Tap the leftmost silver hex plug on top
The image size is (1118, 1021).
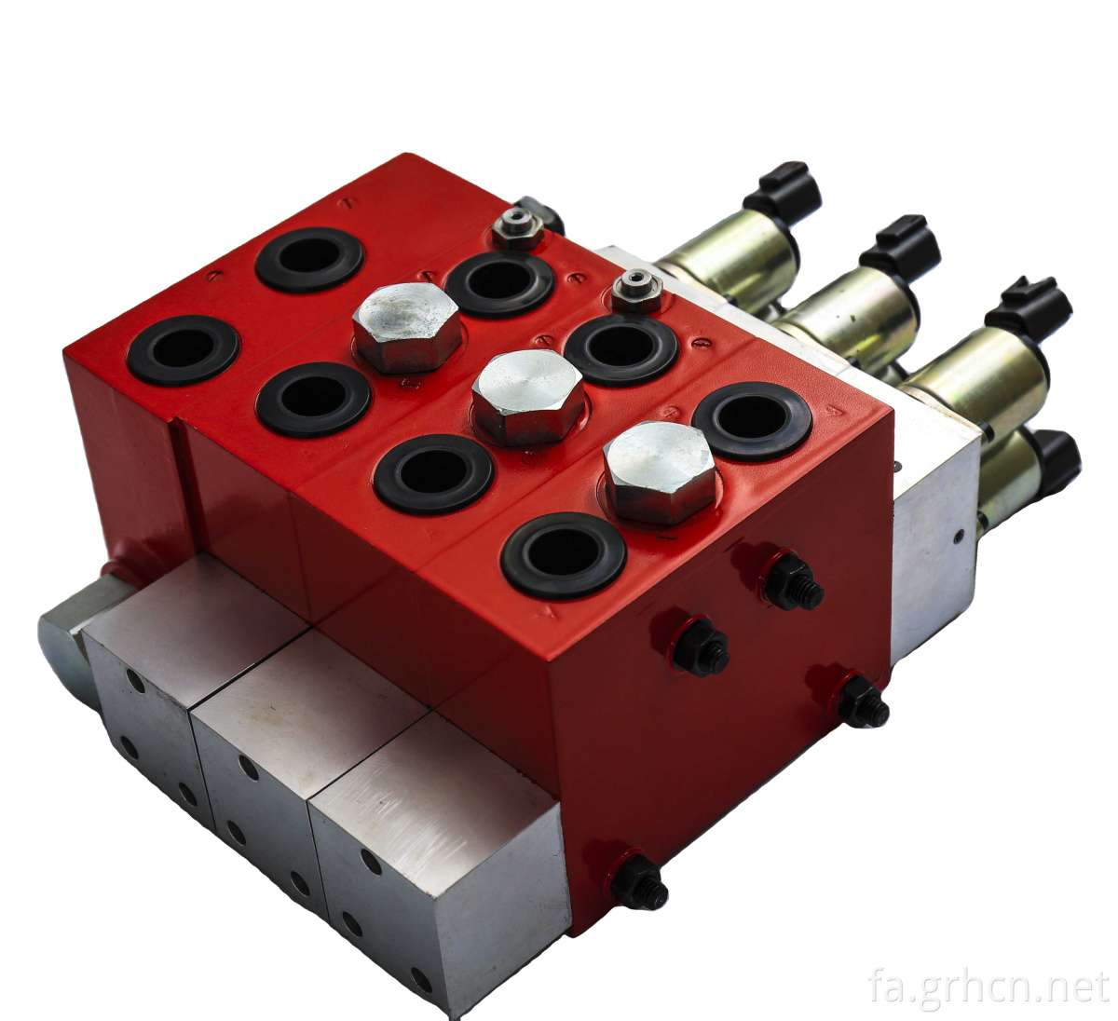(407, 327)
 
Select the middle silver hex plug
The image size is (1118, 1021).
(528, 397)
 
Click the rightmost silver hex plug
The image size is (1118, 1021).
(660, 471)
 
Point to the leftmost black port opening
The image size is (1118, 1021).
(184, 350)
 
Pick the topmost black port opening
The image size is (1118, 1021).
(309, 260)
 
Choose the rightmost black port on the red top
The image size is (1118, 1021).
(752, 421)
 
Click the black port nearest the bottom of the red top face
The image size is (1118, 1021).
(564, 555)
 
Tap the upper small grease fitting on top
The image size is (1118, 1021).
(518, 228)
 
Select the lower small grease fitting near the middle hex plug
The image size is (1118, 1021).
(637, 290)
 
